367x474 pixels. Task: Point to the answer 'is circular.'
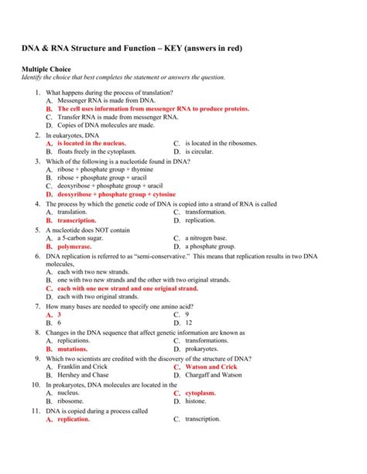tap(201, 152)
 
